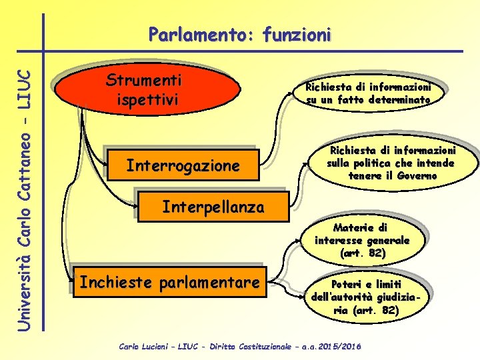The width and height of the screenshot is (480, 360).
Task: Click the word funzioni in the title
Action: click(297, 34)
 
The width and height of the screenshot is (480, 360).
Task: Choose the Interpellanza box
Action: click(213, 207)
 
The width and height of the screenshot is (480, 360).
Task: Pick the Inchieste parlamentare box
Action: click(169, 283)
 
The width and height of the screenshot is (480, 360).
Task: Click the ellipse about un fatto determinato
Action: click(368, 93)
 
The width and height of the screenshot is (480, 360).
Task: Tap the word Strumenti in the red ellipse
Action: click(144, 81)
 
